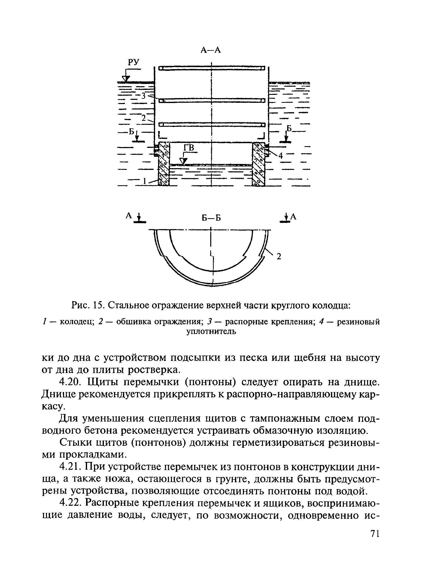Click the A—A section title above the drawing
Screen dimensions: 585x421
(x=210, y=50)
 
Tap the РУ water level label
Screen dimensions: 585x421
(x=134, y=62)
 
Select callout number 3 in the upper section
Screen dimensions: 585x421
(x=143, y=96)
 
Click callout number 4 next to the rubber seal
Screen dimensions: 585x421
(x=281, y=156)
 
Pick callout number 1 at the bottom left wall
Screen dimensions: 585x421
(x=145, y=182)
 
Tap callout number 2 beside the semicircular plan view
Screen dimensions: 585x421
(x=279, y=256)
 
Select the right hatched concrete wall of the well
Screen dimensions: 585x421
(x=259, y=164)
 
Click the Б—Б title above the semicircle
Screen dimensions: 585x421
(x=211, y=218)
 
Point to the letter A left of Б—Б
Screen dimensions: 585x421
(x=129, y=216)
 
